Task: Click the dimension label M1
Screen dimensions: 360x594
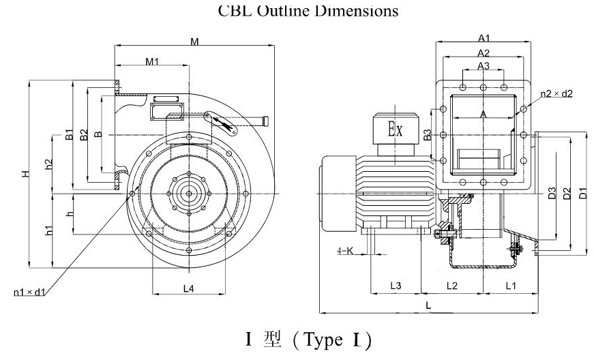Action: (152, 62)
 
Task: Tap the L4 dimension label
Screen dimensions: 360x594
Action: (189, 288)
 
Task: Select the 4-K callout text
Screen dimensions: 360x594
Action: (346, 251)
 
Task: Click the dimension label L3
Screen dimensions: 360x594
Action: (395, 284)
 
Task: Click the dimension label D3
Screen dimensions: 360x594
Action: (551, 194)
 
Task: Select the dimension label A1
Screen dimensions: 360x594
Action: (484, 38)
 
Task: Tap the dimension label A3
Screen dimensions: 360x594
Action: (483, 66)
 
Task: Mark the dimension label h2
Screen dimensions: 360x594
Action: (48, 164)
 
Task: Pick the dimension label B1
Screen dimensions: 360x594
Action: (69, 134)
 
